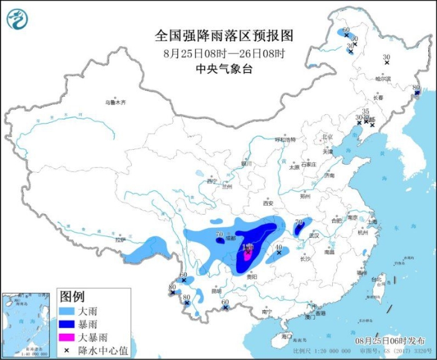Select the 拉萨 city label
(120, 240)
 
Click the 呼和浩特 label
(286, 140)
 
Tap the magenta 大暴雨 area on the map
(247, 255)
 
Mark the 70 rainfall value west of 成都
(219, 235)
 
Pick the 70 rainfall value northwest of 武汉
(298, 222)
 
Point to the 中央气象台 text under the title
(223, 69)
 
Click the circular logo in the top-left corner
(17, 20)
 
